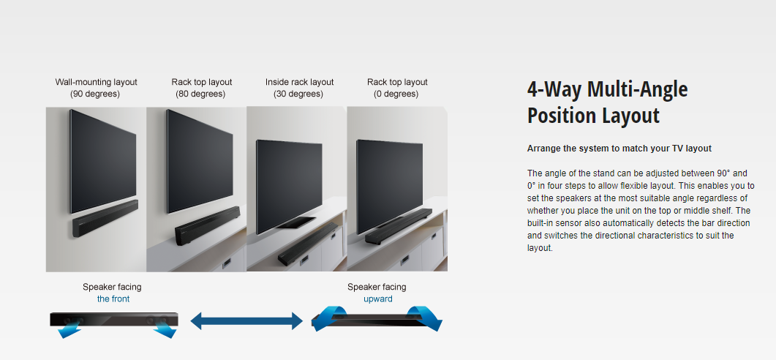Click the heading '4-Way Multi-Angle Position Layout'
click(607, 102)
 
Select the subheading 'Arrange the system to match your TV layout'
click(619, 148)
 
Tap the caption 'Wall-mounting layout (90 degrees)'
click(96, 88)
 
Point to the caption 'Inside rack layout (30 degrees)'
click(299, 88)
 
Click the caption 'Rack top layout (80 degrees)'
click(201, 88)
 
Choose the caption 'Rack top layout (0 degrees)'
click(397, 88)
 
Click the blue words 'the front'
click(113, 299)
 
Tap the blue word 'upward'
click(377, 299)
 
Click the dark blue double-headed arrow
click(246, 321)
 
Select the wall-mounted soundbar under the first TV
click(105, 218)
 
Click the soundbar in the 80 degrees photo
click(207, 225)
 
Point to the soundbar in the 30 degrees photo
click(307, 244)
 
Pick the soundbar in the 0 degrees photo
click(399, 226)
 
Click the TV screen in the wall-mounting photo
click(103, 162)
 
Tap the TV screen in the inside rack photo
click(289, 186)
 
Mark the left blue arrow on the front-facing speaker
click(69, 329)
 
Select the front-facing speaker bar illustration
click(114, 320)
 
